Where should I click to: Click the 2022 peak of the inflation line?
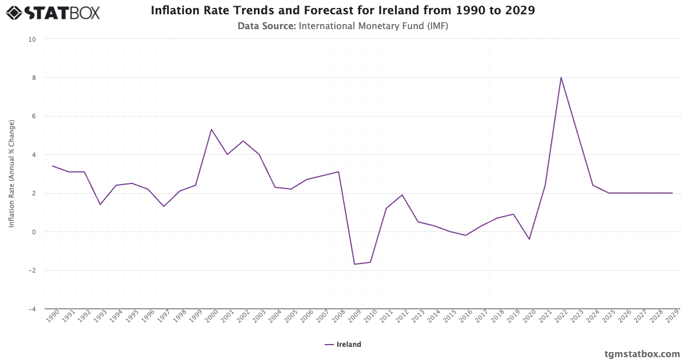coord(561,77)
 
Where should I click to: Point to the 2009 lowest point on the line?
coord(354,264)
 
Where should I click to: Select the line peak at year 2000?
coord(212,129)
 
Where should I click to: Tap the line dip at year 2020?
coord(529,239)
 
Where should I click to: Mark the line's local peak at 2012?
coord(402,195)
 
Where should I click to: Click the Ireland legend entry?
coord(343,345)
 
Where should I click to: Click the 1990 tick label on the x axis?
coord(52,318)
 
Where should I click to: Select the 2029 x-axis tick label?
coord(672,318)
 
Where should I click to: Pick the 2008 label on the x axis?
coord(338,318)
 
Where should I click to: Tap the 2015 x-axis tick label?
coord(449,318)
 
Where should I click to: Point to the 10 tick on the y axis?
coord(32,39)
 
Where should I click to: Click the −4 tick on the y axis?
coord(32,309)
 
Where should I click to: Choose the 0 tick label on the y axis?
coord(34,232)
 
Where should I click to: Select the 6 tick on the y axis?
coord(34,117)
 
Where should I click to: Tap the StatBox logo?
coord(53,12)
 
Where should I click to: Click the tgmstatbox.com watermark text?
coord(642,354)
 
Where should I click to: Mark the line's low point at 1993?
coord(100,205)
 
